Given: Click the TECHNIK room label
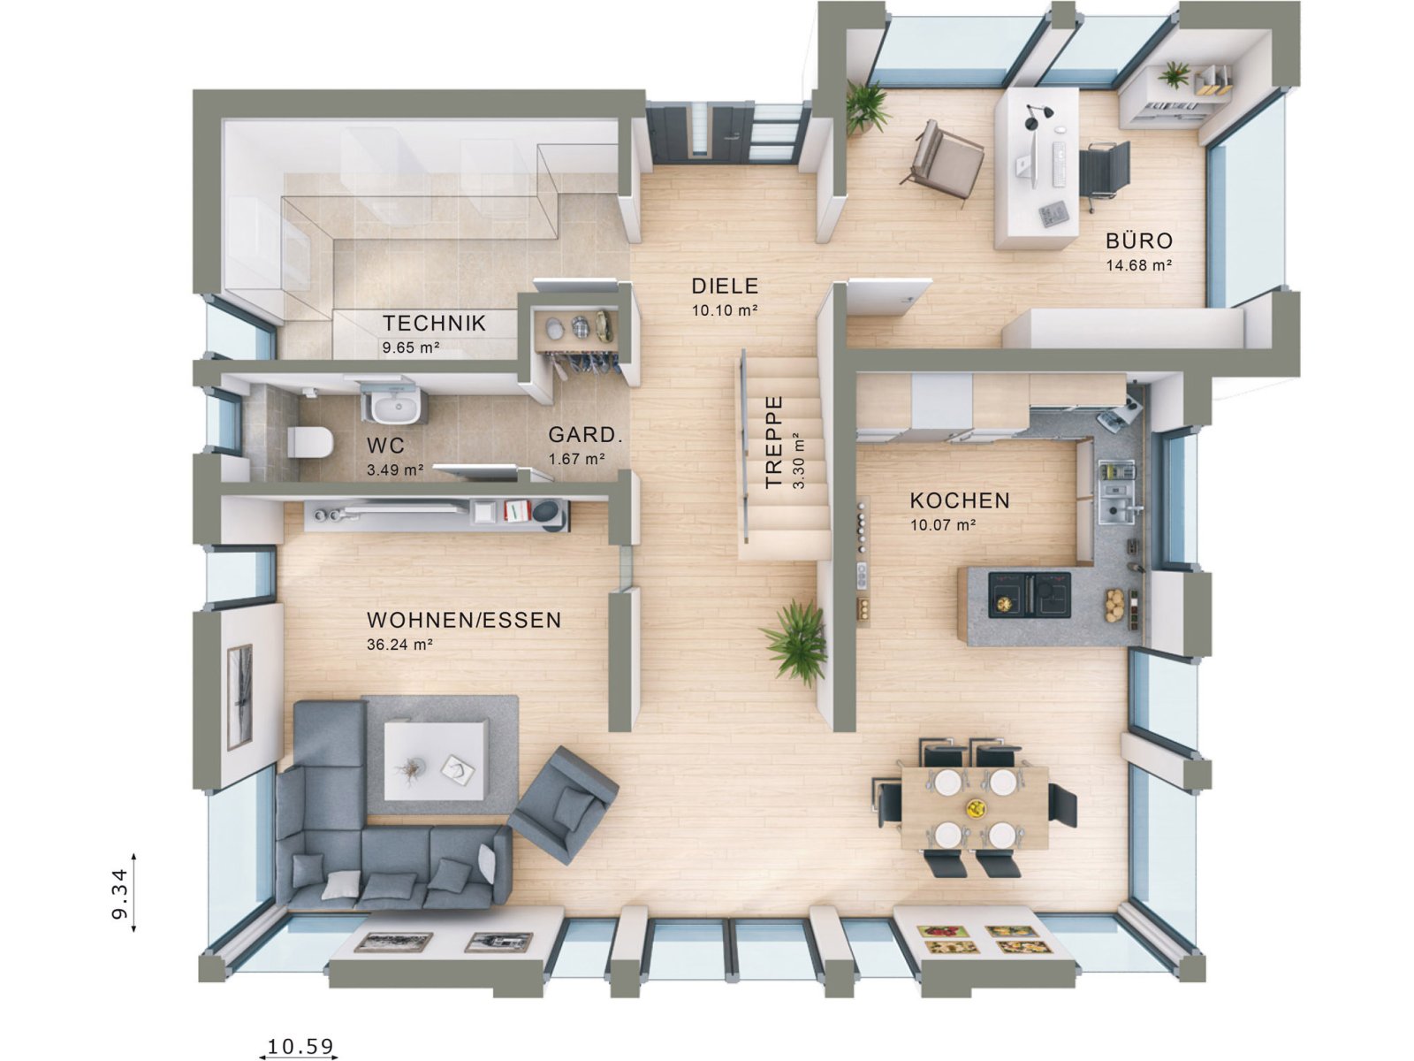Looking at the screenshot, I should (x=434, y=323).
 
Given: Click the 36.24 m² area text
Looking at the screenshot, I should (x=399, y=645).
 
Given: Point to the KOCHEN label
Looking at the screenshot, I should (x=960, y=500).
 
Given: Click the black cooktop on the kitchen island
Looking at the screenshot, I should (x=1030, y=592).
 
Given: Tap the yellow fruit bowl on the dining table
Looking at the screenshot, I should (x=976, y=807).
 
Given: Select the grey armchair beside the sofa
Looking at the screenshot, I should (x=565, y=804).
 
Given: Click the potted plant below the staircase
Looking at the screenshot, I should (x=796, y=641).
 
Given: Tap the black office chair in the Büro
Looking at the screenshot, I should (x=1106, y=172).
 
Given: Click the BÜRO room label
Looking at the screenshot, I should (x=1139, y=240).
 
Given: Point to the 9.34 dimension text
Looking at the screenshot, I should (x=120, y=892).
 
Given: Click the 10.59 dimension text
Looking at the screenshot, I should (x=301, y=1046).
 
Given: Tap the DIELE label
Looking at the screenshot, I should (x=725, y=286).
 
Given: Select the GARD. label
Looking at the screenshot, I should (x=586, y=435).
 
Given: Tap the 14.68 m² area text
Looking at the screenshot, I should (x=1139, y=264).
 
